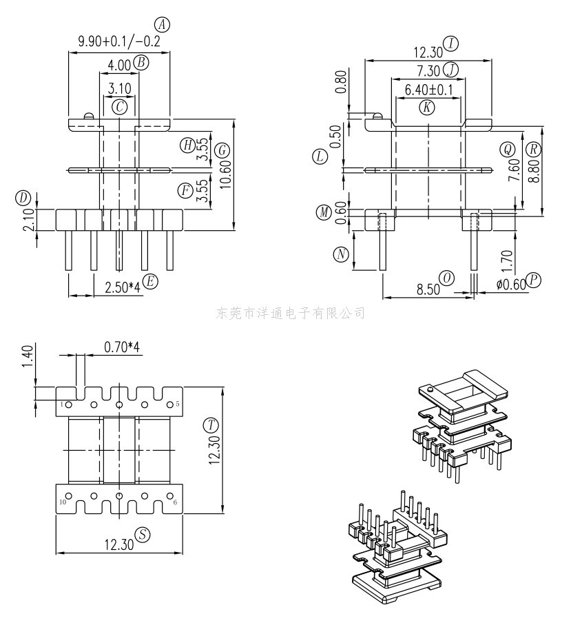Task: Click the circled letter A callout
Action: [162, 25]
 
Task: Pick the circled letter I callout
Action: [451, 44]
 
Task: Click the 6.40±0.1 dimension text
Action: [428, 90]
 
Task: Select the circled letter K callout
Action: [427, 107]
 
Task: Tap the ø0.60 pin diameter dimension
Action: [510, 283]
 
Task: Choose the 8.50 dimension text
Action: [428, 289]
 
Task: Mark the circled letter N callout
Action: [340, 254]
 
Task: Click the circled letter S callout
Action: [143, 534]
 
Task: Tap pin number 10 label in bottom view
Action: [62, 502]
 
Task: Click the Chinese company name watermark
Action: [291, 314]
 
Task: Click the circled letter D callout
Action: [24, 198]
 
